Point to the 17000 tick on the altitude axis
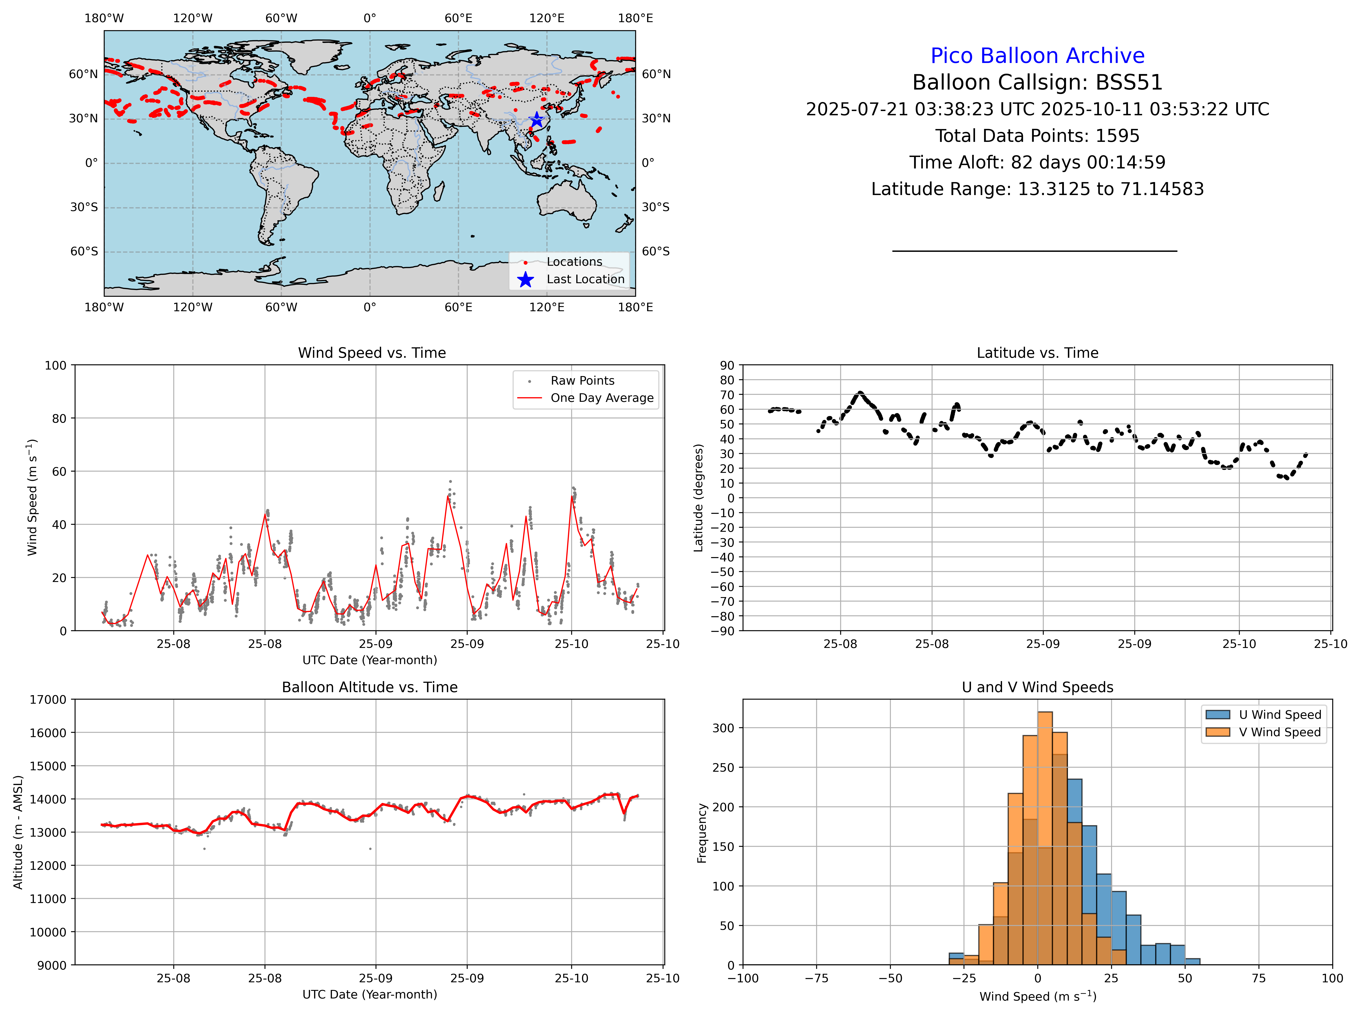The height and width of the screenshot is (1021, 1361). coord(48,700)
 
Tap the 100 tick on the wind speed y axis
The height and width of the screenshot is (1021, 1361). coord(55,366)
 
